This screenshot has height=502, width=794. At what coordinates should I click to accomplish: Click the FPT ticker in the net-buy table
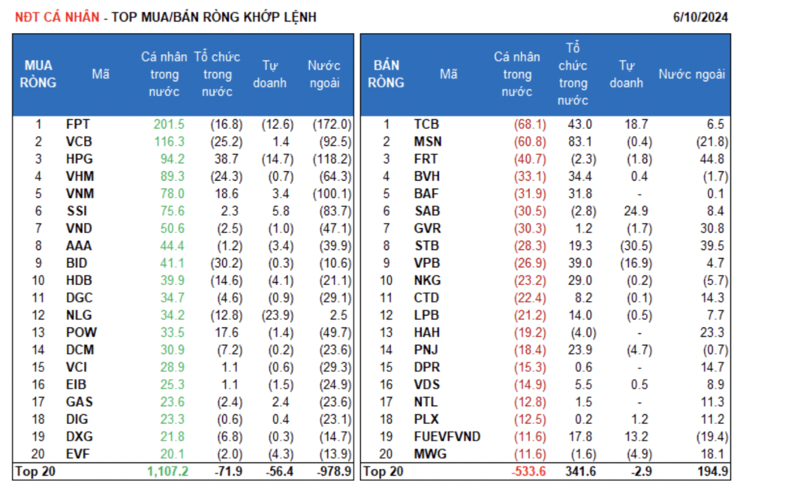(x=78, y=124)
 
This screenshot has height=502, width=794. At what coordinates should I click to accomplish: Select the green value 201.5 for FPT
(x=169, y=124)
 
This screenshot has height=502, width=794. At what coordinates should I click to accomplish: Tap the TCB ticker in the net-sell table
(x=426, y=124)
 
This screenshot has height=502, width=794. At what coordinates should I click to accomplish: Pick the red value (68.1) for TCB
(x=531, y=124)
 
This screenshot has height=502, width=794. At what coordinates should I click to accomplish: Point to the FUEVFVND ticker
(x=447, y=436)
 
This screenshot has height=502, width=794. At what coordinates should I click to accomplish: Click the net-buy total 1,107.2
(x=166, y=471)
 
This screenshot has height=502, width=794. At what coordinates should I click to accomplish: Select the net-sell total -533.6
(x=529, y=471)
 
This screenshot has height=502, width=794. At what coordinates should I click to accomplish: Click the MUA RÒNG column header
(x=38, y=74)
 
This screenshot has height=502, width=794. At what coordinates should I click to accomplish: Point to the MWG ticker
(x=430, y=454)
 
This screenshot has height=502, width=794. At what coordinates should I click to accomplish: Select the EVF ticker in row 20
(x=77, y=454)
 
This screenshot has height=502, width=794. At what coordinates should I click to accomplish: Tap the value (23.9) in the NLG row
(x=272, y=315)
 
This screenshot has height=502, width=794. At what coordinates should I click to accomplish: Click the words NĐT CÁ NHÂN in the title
(x=57, y=17)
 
